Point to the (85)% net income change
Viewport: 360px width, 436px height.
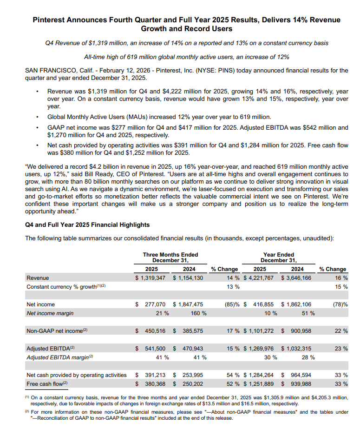coord(229,304)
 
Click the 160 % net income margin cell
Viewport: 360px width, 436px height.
coord(198,313)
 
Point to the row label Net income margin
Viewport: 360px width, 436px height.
coord(50,313)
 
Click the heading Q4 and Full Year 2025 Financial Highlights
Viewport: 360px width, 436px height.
coord(87,225)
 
